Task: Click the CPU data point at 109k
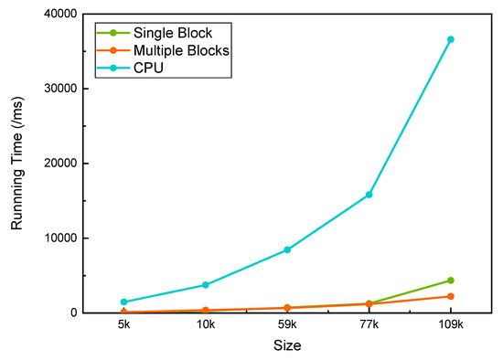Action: point(450,39)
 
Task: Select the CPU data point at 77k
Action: point(369,195)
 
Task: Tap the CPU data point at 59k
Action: point(287,249)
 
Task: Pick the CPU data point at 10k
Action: point(205,285)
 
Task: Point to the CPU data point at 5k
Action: point(123,302)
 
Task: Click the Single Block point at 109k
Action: point(450,281)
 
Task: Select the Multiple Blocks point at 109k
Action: point(450,296)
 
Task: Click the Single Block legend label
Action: point(173,33)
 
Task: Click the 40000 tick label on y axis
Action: point(59,14)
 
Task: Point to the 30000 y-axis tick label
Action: point(59,89)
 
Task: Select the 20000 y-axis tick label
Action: point(59,164)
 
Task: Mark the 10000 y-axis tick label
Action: point(59,238)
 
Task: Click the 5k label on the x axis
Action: point(123,326)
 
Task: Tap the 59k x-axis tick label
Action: point(287,326)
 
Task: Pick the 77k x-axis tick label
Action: point(369,326)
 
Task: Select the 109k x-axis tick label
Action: point(450,326)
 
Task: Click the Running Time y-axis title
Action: point(17,164)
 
